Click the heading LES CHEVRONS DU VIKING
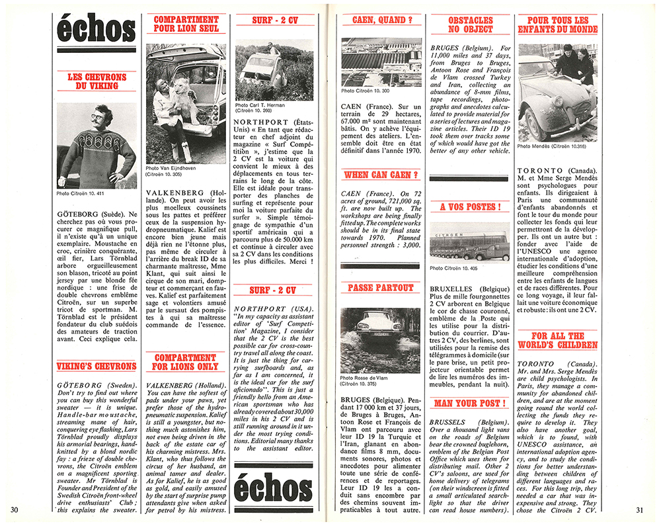coord(97,81)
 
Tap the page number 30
coord(14,509)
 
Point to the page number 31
coord(639,509)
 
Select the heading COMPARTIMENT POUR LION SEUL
coord(186,24)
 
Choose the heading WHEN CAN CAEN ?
coord(380,175)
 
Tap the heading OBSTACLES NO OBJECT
coord(470,24)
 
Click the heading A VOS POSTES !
coord(470,207)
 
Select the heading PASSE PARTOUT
coord(380,288)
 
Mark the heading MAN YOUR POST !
coord(470,403)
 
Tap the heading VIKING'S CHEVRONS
coord(97,366)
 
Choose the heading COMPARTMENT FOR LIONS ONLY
coord(186,361)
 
